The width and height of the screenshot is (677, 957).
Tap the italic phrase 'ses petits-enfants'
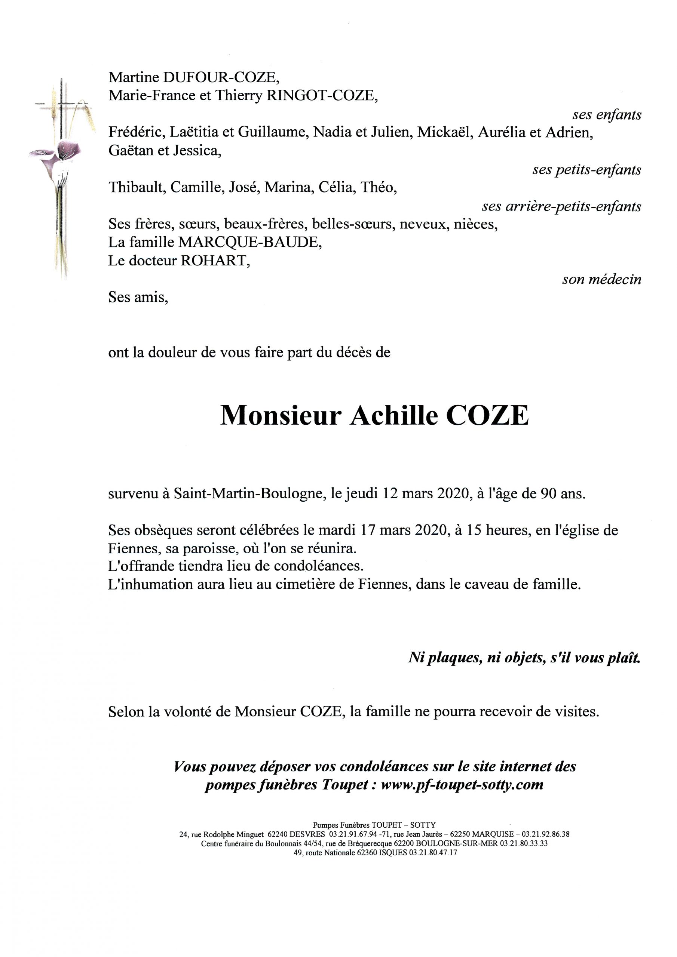[586, 170]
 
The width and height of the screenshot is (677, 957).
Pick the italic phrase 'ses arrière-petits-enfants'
[561, 206]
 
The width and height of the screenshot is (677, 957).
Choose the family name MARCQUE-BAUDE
[249, 242]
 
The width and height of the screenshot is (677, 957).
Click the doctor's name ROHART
[214, 261]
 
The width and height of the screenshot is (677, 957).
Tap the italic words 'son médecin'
[601, 279]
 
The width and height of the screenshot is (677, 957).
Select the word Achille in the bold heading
[394, 416]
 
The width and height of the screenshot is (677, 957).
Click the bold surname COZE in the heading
[487, 416]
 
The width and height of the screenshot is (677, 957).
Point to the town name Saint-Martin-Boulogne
[249, 494]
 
